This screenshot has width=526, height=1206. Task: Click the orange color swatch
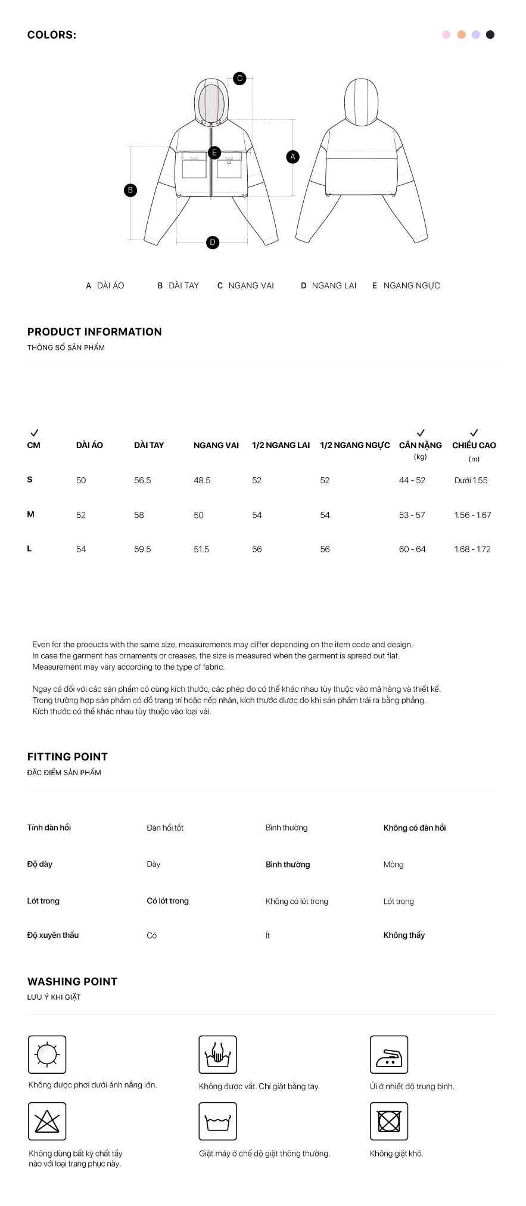pyautogui.click(x=461, y=35)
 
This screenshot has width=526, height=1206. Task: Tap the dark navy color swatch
pyautogui.click(x=490, y=35)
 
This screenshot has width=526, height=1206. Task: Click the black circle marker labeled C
pyautogui.click(x=239, y=78)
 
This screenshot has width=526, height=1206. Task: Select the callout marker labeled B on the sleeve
pyautogui.click(x=130, y=190)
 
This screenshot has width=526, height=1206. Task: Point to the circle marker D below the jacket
pyautogui.click(x=213, y=243)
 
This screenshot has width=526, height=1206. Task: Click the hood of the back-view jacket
pyautogui.click(x=362, y=101)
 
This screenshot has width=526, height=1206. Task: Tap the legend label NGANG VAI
pyautogui.click(x=251, y=285)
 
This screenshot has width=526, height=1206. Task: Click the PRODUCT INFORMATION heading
pyautogui.click(x=94, y=332)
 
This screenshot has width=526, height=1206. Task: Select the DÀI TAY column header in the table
pyautogui.click(x=149, y=445)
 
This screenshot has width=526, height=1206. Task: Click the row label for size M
pyautogui.click(x=31, y=514)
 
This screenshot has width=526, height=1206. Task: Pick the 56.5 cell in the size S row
pyautogui.click(x=142, y=480)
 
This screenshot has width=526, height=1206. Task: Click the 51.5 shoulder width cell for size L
pyautogui.click(x=201, y=549)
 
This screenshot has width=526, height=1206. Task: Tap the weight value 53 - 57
pyautogui.click(x=412, y=515)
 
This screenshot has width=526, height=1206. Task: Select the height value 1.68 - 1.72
pyautogui.click(x=472, y=549)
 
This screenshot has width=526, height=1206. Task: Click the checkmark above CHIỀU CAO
pyautogui.click(x=474, y=433)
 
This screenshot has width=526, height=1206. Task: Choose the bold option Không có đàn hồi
pyautogui.click(x=415, y=828)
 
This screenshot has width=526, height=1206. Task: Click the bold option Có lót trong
pyautogui.click(x=167, y=901)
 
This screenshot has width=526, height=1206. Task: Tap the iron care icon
pyautogui.click(x=389, y=1055)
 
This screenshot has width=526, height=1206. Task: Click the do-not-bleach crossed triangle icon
pyautogui.click(x=47, y=1121)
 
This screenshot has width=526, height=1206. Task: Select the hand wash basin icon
pyautogui.click(x=218, y=1055)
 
